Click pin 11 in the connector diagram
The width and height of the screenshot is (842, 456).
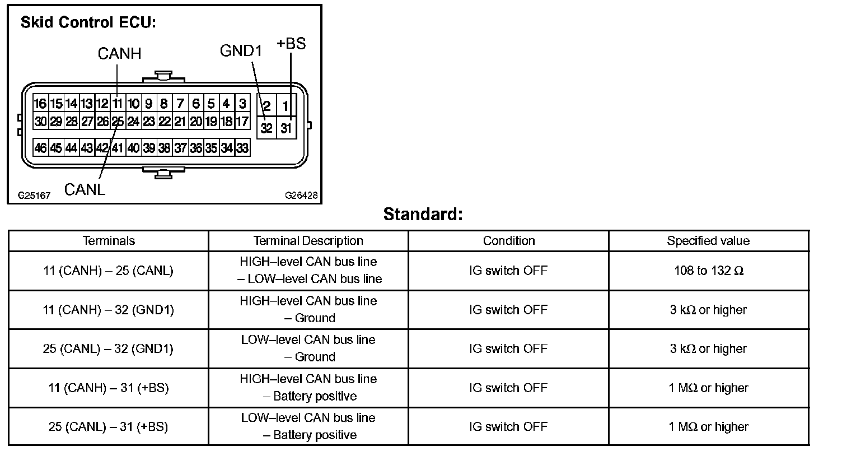point(117,104)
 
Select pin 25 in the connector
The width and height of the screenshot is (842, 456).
point(118,121)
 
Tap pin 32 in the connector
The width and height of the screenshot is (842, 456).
point(266,128)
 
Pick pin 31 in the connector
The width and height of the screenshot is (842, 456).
point(286,128)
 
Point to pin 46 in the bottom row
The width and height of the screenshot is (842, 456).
point(40,148)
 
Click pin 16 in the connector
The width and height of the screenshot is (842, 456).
point(40,104)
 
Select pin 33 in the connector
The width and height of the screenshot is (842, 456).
point(242,148)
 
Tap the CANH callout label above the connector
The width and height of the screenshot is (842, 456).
point(119,54)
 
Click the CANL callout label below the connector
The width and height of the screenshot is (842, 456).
point(85,189)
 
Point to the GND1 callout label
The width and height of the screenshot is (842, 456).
point(241,51)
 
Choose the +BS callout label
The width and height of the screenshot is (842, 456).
point(291,44)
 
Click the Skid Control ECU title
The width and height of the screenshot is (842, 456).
point(88,23)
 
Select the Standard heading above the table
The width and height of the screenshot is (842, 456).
point(423,215)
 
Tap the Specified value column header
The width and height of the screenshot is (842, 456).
point(708,241)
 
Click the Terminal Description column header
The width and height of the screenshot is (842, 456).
point(308,241)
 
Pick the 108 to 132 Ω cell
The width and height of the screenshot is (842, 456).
point(709,271)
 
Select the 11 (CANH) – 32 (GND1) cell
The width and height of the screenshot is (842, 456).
point(108,310)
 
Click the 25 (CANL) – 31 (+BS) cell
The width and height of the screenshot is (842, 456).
point(108,427)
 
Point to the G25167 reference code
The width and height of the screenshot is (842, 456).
point(34,196)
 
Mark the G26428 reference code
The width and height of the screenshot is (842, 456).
point(301,196)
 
